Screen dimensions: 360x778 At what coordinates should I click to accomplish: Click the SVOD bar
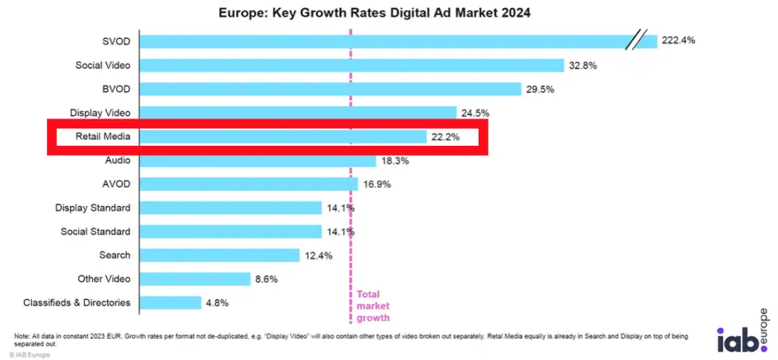point(380,41)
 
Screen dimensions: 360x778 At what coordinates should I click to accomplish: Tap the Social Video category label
point(103,65)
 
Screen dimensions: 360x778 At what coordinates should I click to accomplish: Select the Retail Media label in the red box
point(103,137)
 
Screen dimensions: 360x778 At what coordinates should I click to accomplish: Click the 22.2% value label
point(445,137)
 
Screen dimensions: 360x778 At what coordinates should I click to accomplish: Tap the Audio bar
point(258,160)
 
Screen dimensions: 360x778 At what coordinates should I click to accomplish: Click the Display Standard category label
point(93,207)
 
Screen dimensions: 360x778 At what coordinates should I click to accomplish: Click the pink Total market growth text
point(373,305)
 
